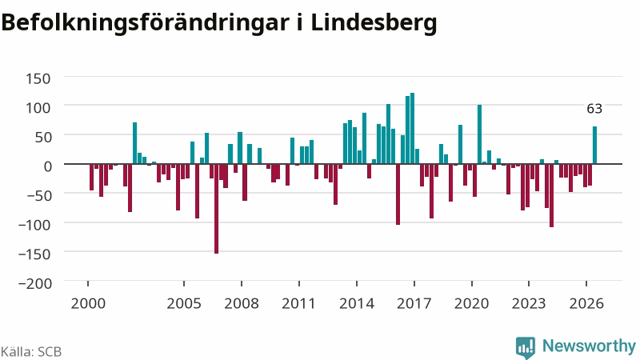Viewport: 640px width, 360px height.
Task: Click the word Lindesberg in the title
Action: [x=374, y=23]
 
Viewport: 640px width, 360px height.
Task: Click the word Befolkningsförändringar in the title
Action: [x=145, y=23]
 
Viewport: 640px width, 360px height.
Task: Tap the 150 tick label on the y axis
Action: [x=38, y=78]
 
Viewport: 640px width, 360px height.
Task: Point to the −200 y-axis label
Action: [x=35, y=283]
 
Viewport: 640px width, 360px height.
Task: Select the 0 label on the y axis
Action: [x=48, y=166]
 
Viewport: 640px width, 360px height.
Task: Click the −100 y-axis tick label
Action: [x=35, y=225]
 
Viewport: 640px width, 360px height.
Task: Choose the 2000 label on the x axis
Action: [x=88, y=304]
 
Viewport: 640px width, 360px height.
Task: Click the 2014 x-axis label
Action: [x=357, y=304]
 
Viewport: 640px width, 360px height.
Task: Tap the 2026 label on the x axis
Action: [x=586, y=304]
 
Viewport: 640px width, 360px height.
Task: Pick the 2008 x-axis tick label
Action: [x=242, y=304]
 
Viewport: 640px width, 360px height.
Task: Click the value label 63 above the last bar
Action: [x=594, y=109]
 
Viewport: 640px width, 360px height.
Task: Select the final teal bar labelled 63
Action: [x=594, y=146]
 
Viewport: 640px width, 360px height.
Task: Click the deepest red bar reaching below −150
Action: [x=216, y=209]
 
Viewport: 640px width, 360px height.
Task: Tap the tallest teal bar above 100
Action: [x=412, y=129]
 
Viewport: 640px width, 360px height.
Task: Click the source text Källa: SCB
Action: [x=31, y=351]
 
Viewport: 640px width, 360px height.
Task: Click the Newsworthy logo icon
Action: [x=526, y=347]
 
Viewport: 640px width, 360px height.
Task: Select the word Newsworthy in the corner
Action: [x=589, y=346]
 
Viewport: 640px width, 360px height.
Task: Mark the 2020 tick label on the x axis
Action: [x=471, y=304]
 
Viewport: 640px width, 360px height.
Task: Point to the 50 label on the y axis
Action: [x=43, y=137]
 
